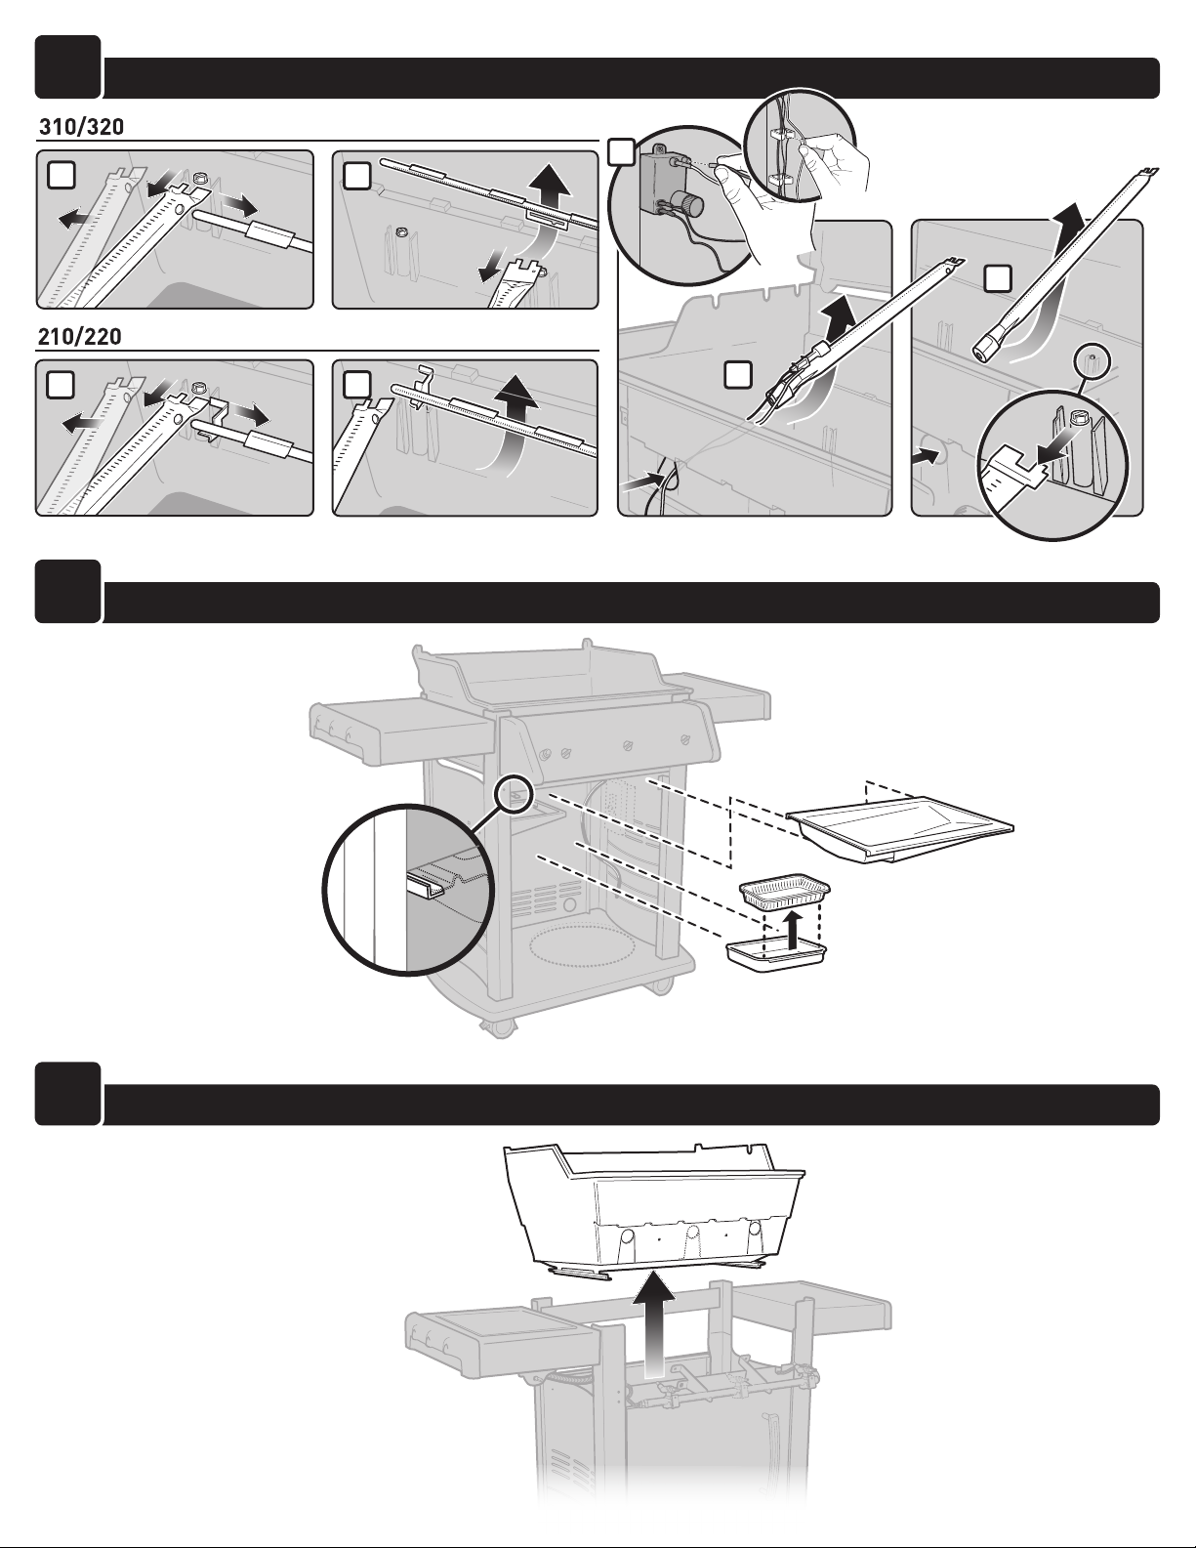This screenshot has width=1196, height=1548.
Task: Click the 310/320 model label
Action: point(80,128)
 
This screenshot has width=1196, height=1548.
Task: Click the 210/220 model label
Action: point(80,337)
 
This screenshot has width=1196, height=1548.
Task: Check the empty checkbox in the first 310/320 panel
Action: point(61,175)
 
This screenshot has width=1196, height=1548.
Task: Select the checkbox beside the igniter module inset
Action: point(619,151)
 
